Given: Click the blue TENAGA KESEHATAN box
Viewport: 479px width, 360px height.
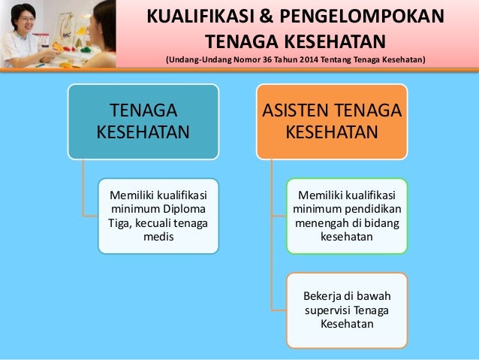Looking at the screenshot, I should tap(143, 121).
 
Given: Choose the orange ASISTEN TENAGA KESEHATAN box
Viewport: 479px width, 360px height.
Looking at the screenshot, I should tap(331, 121).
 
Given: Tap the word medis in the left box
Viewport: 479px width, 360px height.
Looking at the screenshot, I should tap(158, 236).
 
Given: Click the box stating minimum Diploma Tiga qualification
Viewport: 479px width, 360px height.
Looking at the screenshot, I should tap(158, 215).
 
